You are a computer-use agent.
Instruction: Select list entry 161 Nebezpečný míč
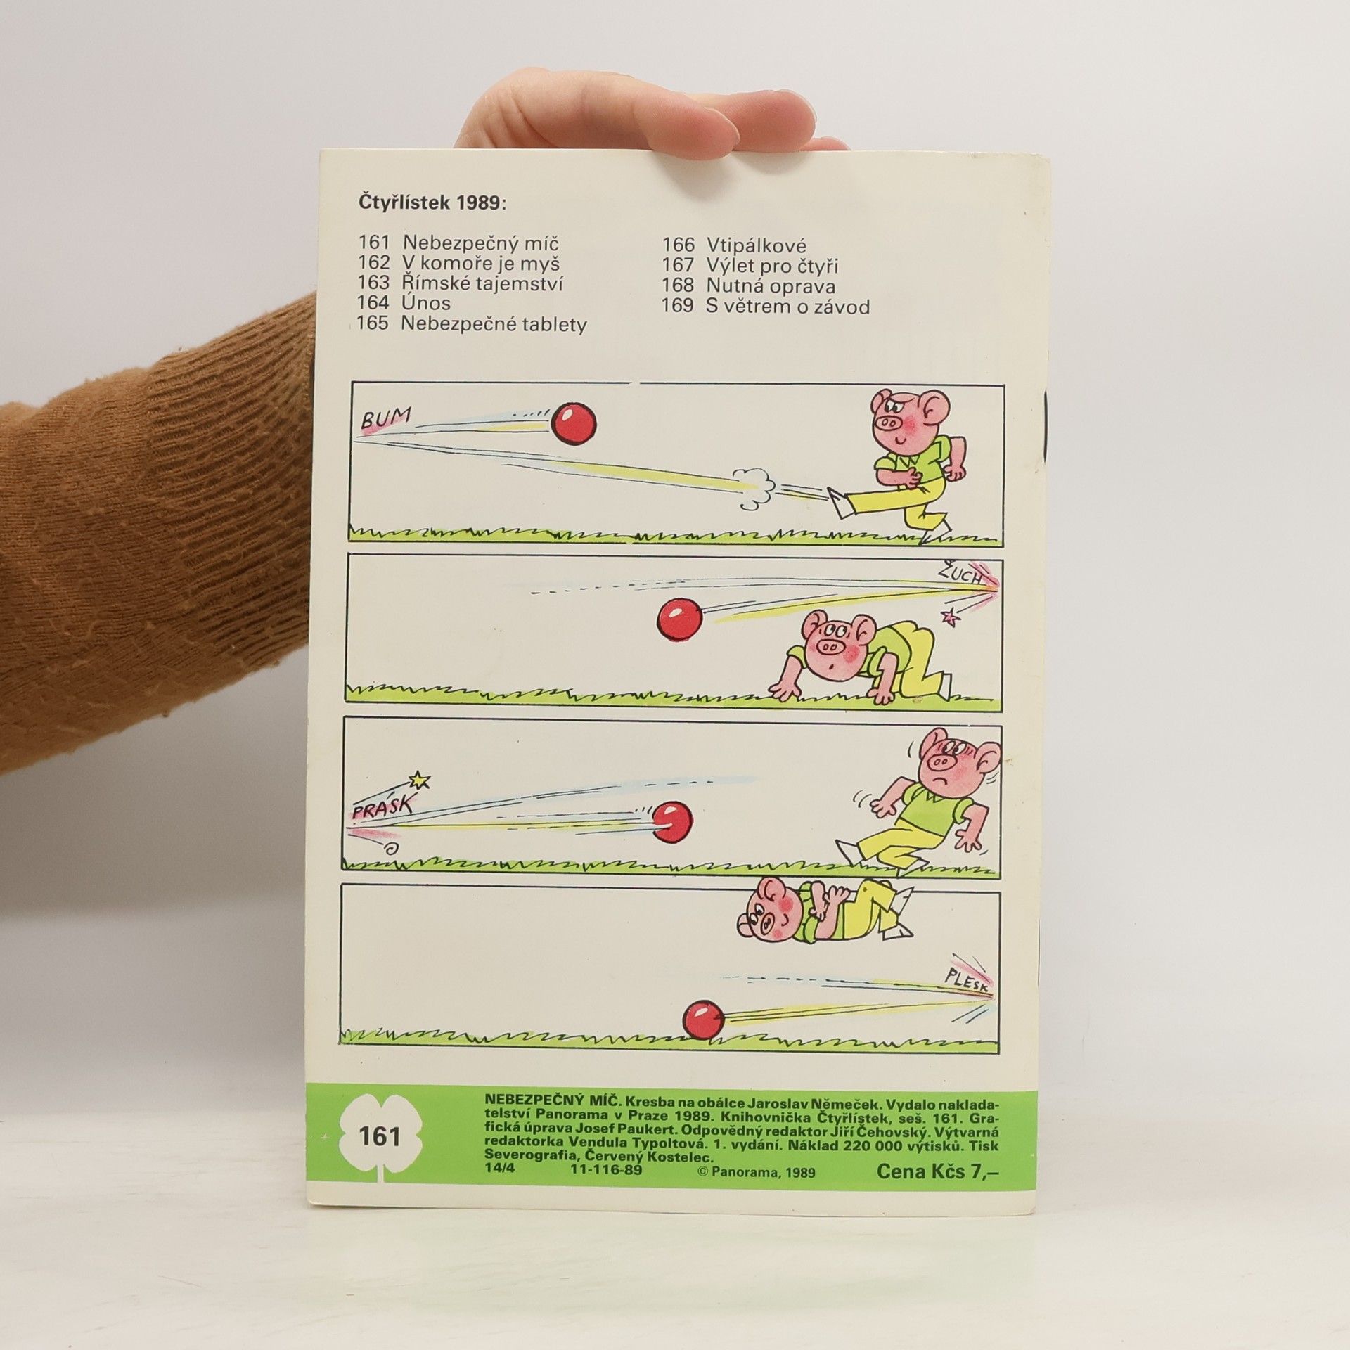click(458, 243)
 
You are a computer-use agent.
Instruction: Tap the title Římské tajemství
click(482, 283)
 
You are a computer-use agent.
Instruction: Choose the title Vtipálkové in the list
click(756, 245)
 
